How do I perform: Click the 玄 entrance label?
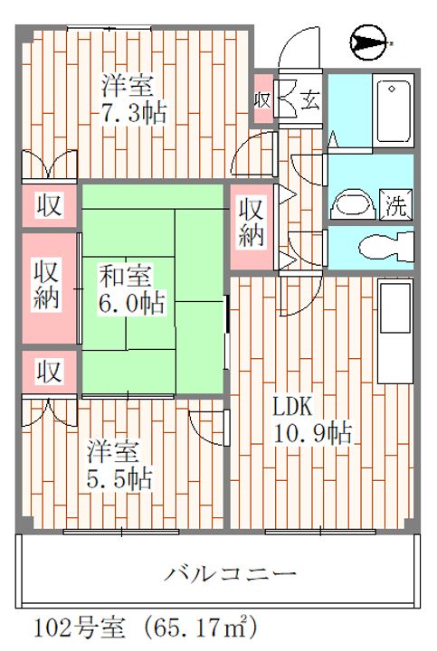tap(309, 98)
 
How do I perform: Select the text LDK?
tap(293, 402)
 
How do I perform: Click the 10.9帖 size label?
tap(313, 432)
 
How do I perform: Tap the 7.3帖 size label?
tap(136, 116)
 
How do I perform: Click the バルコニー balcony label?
tap(231, 573)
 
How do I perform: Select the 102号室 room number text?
tap(72, 627)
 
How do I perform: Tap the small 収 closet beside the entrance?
tap(262, 99)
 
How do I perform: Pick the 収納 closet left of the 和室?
tap(47, 285)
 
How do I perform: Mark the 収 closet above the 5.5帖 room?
tap(48, 371)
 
